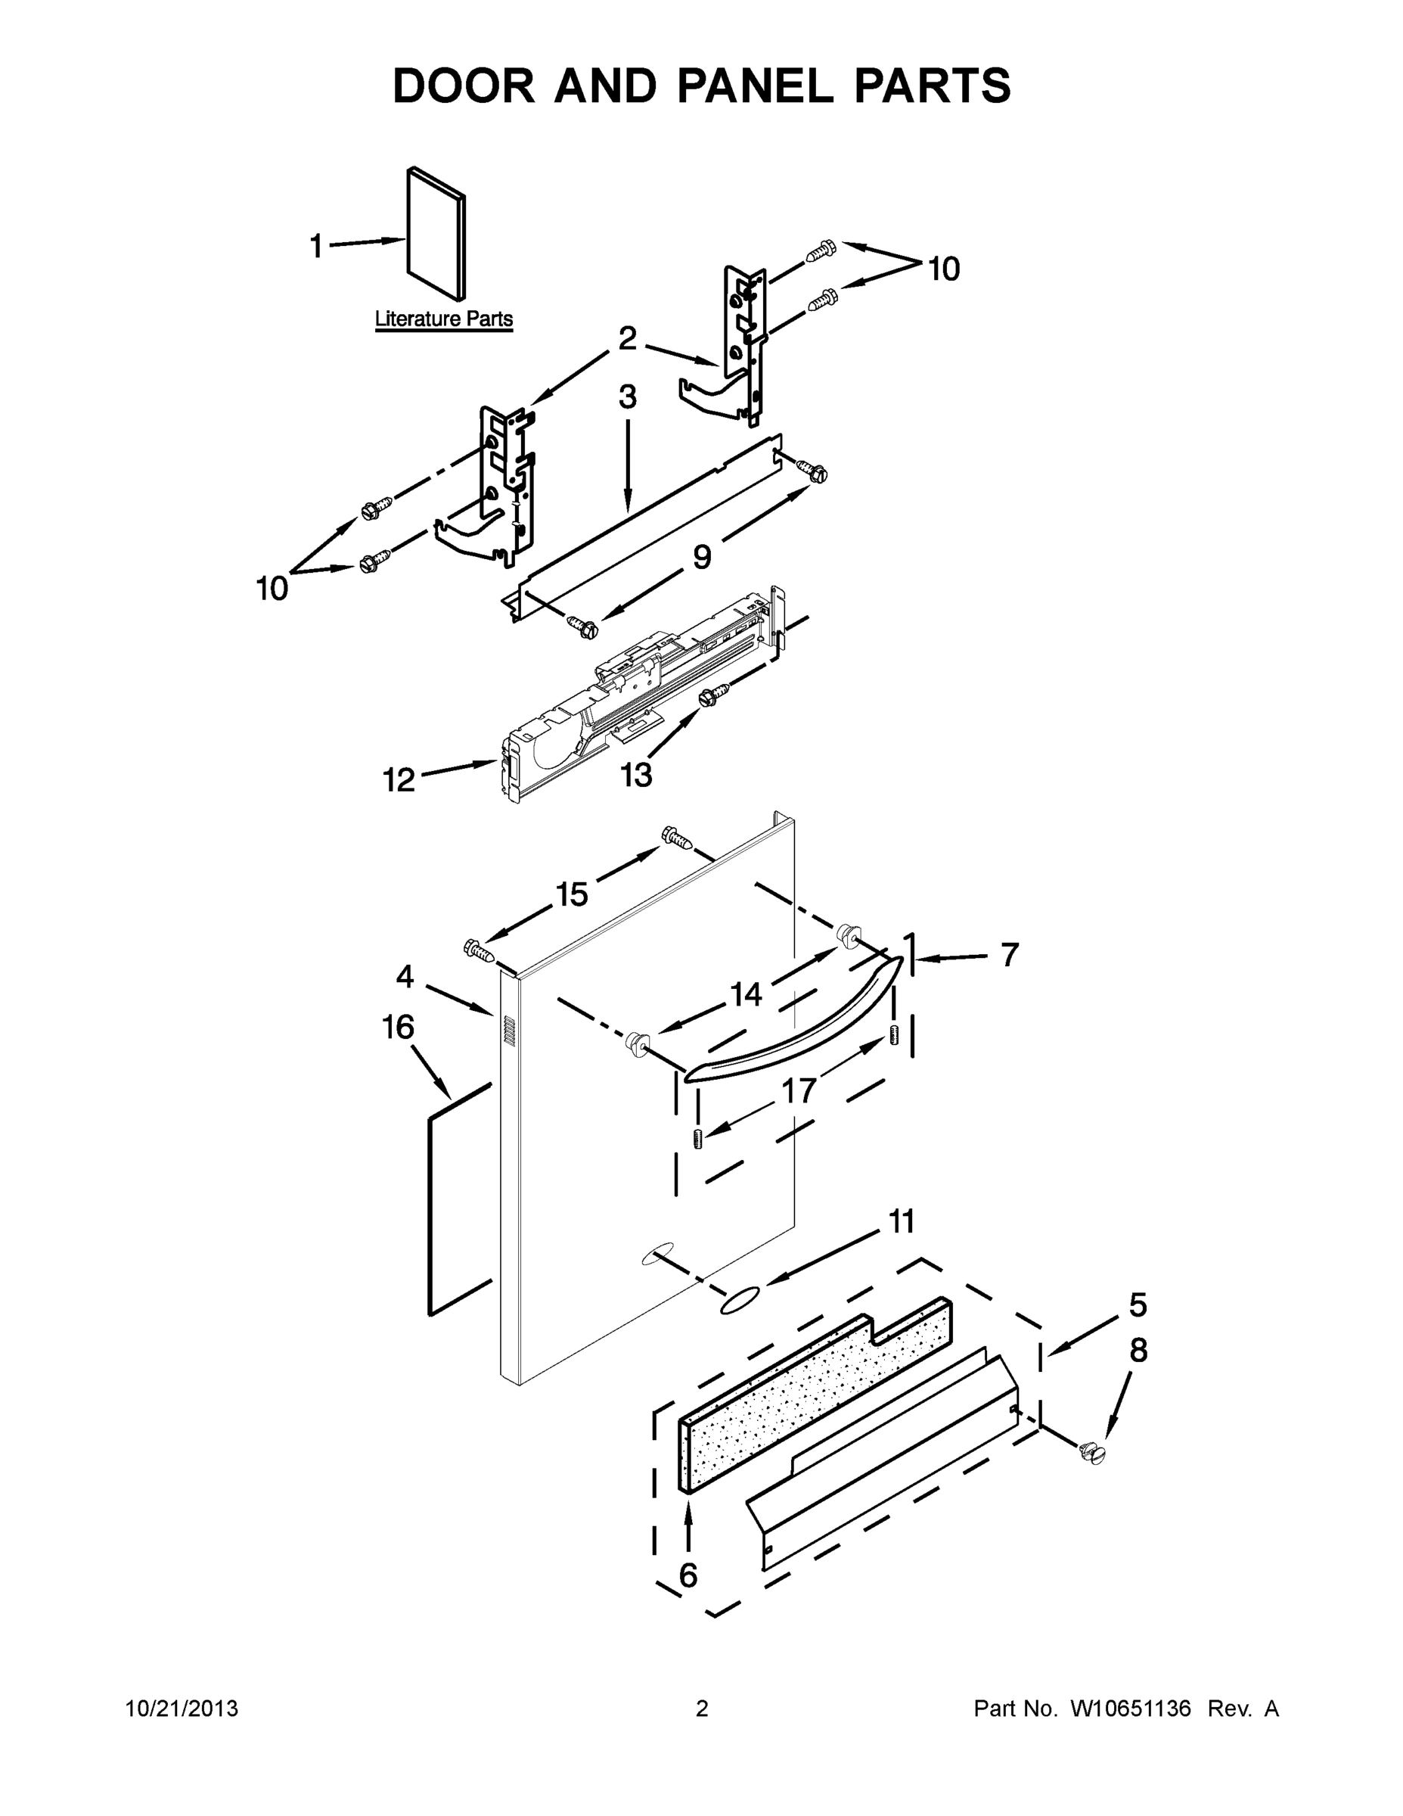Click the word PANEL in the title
point(755,86)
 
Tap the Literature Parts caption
point(444,319)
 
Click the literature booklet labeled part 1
point(436,233)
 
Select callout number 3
point(628,397)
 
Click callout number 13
point(636,775)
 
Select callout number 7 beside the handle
point(1009,956)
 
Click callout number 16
point(398,1027)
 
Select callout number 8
point(1138,1351)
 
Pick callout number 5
point(1138,1304)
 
